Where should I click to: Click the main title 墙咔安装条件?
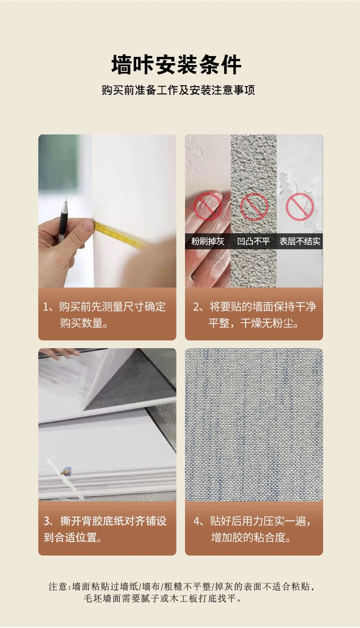point(176,64)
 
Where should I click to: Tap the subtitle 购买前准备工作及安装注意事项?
point(178,90)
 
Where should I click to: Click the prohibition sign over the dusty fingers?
point(208,206)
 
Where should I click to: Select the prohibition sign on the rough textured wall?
point(254,206)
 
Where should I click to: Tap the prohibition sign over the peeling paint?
point(300,206)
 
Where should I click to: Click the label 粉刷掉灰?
point(207,241)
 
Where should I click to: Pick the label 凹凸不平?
point(253,241)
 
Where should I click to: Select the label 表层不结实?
point(300,241)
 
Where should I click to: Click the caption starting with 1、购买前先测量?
point(104,315)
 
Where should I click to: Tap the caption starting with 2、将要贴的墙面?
point(254,315)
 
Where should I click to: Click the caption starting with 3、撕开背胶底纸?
point(105,529)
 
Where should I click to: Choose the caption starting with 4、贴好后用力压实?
point(252,529)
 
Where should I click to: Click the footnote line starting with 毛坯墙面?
point(162,598)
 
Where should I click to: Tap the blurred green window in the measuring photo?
point(58,163)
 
